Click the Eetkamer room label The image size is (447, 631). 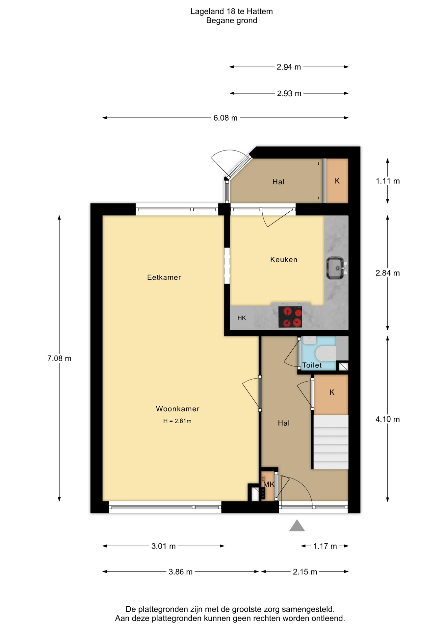click(164, 277)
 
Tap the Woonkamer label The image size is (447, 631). click(177, 409)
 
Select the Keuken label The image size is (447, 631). click(284, 260)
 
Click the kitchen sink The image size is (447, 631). click(336, 268)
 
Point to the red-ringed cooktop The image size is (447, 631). click(290, 317)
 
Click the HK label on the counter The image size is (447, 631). click(242, 318)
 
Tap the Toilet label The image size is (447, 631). click(312, 365)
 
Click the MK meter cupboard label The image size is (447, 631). click(269, 484)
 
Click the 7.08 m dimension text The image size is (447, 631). click(59, 358)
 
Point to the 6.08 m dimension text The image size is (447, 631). click(225, 118)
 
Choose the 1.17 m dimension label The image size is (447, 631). click(325, 546)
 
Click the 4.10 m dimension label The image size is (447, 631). click(387, 419)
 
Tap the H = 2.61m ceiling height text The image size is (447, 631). click(177, 421)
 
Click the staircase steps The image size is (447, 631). click(331, 442)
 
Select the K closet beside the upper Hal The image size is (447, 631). click(337, 181)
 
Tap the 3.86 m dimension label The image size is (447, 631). click(180, 572)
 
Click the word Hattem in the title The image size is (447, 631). click(261, 12)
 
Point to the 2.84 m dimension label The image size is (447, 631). click(387, 273)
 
